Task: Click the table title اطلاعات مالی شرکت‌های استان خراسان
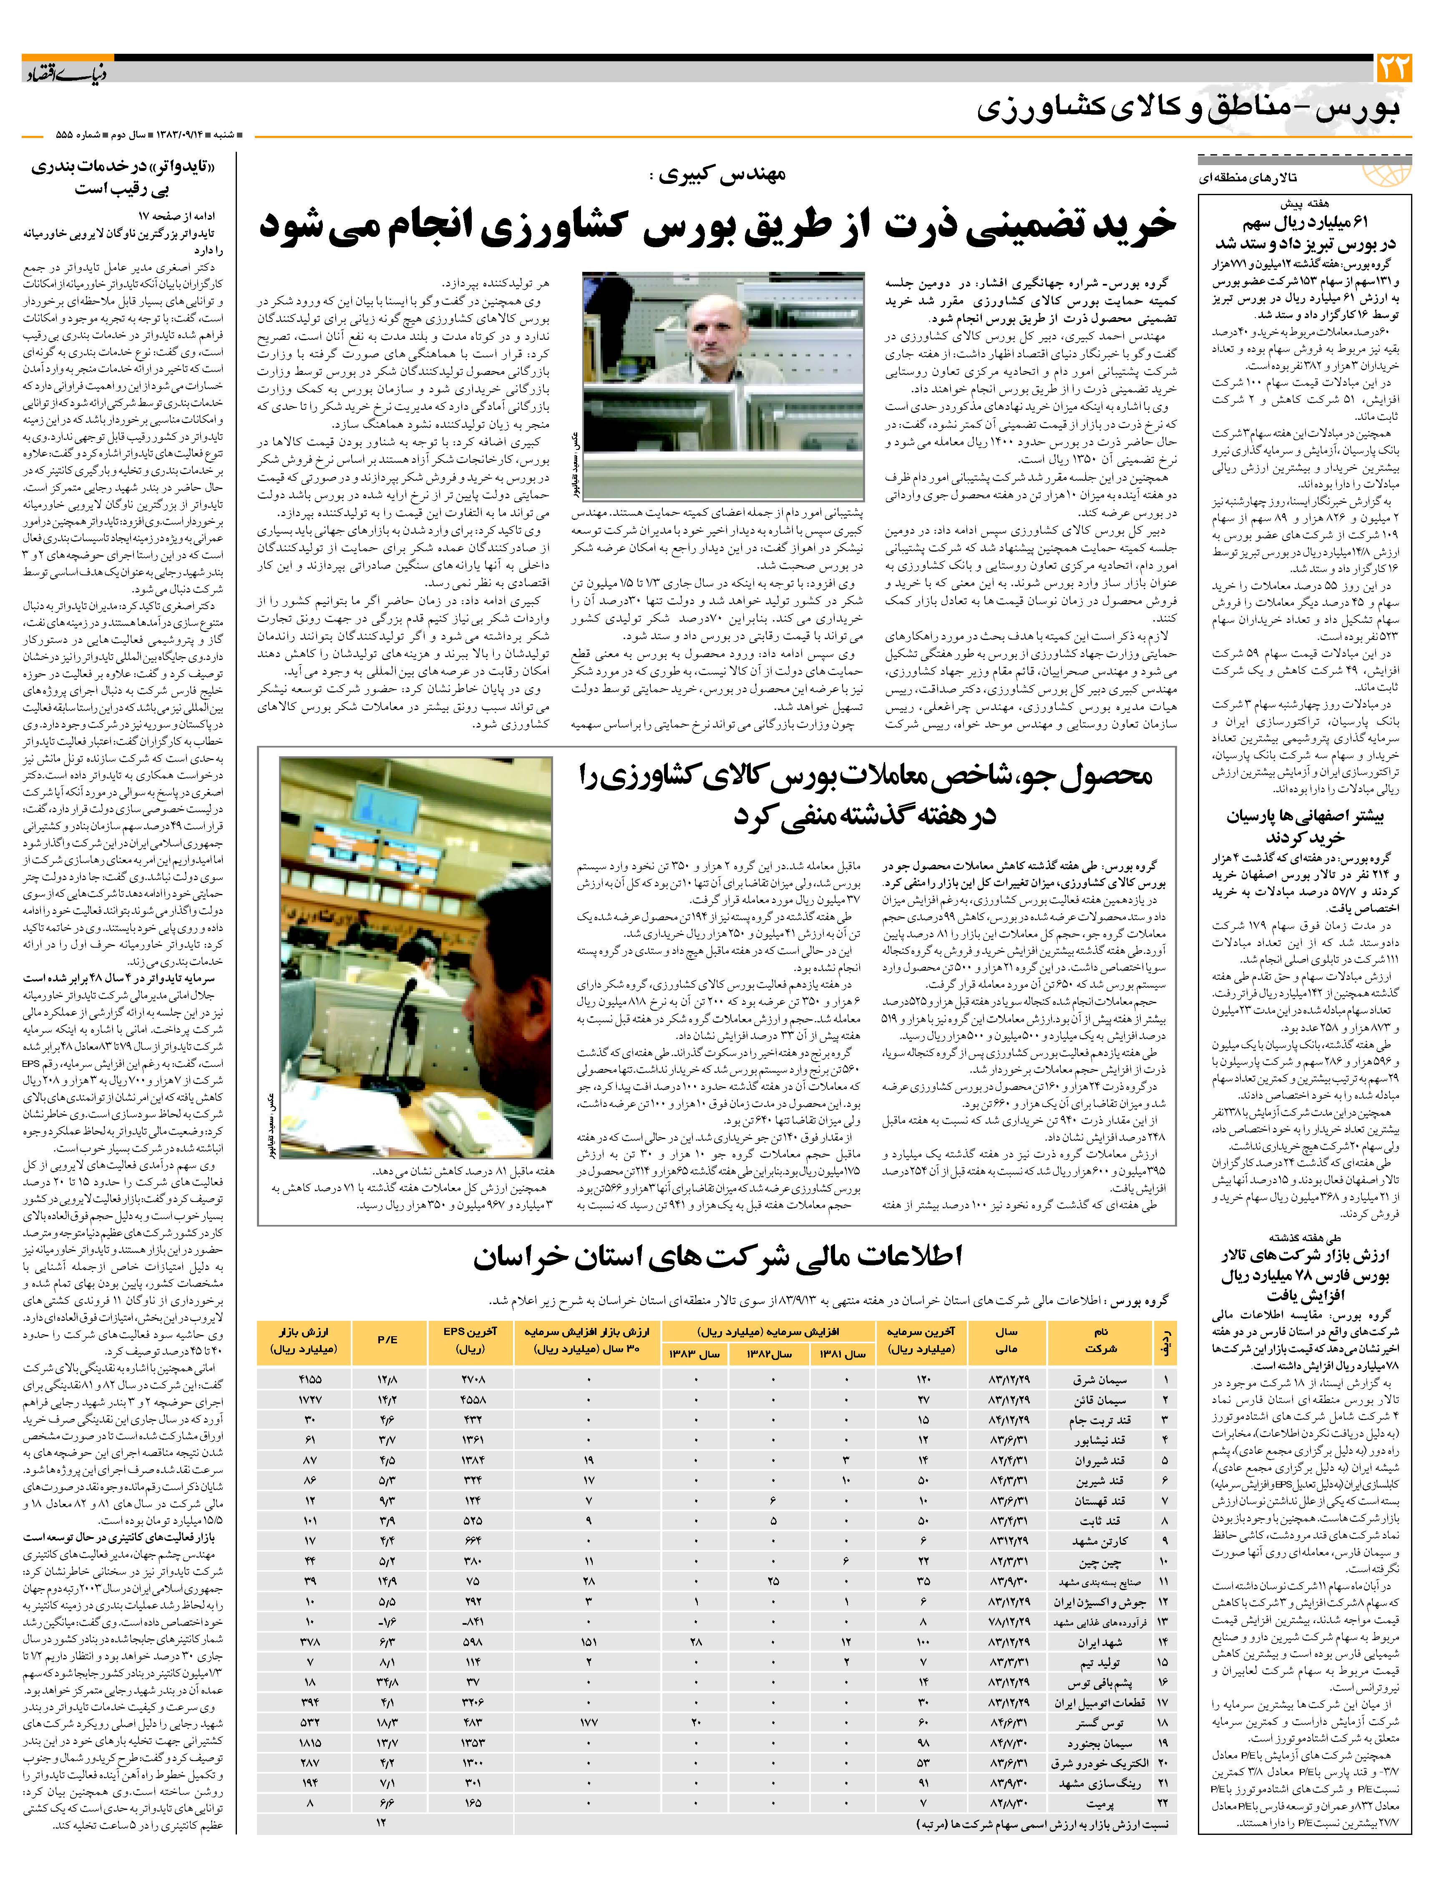click(717, 1257)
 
